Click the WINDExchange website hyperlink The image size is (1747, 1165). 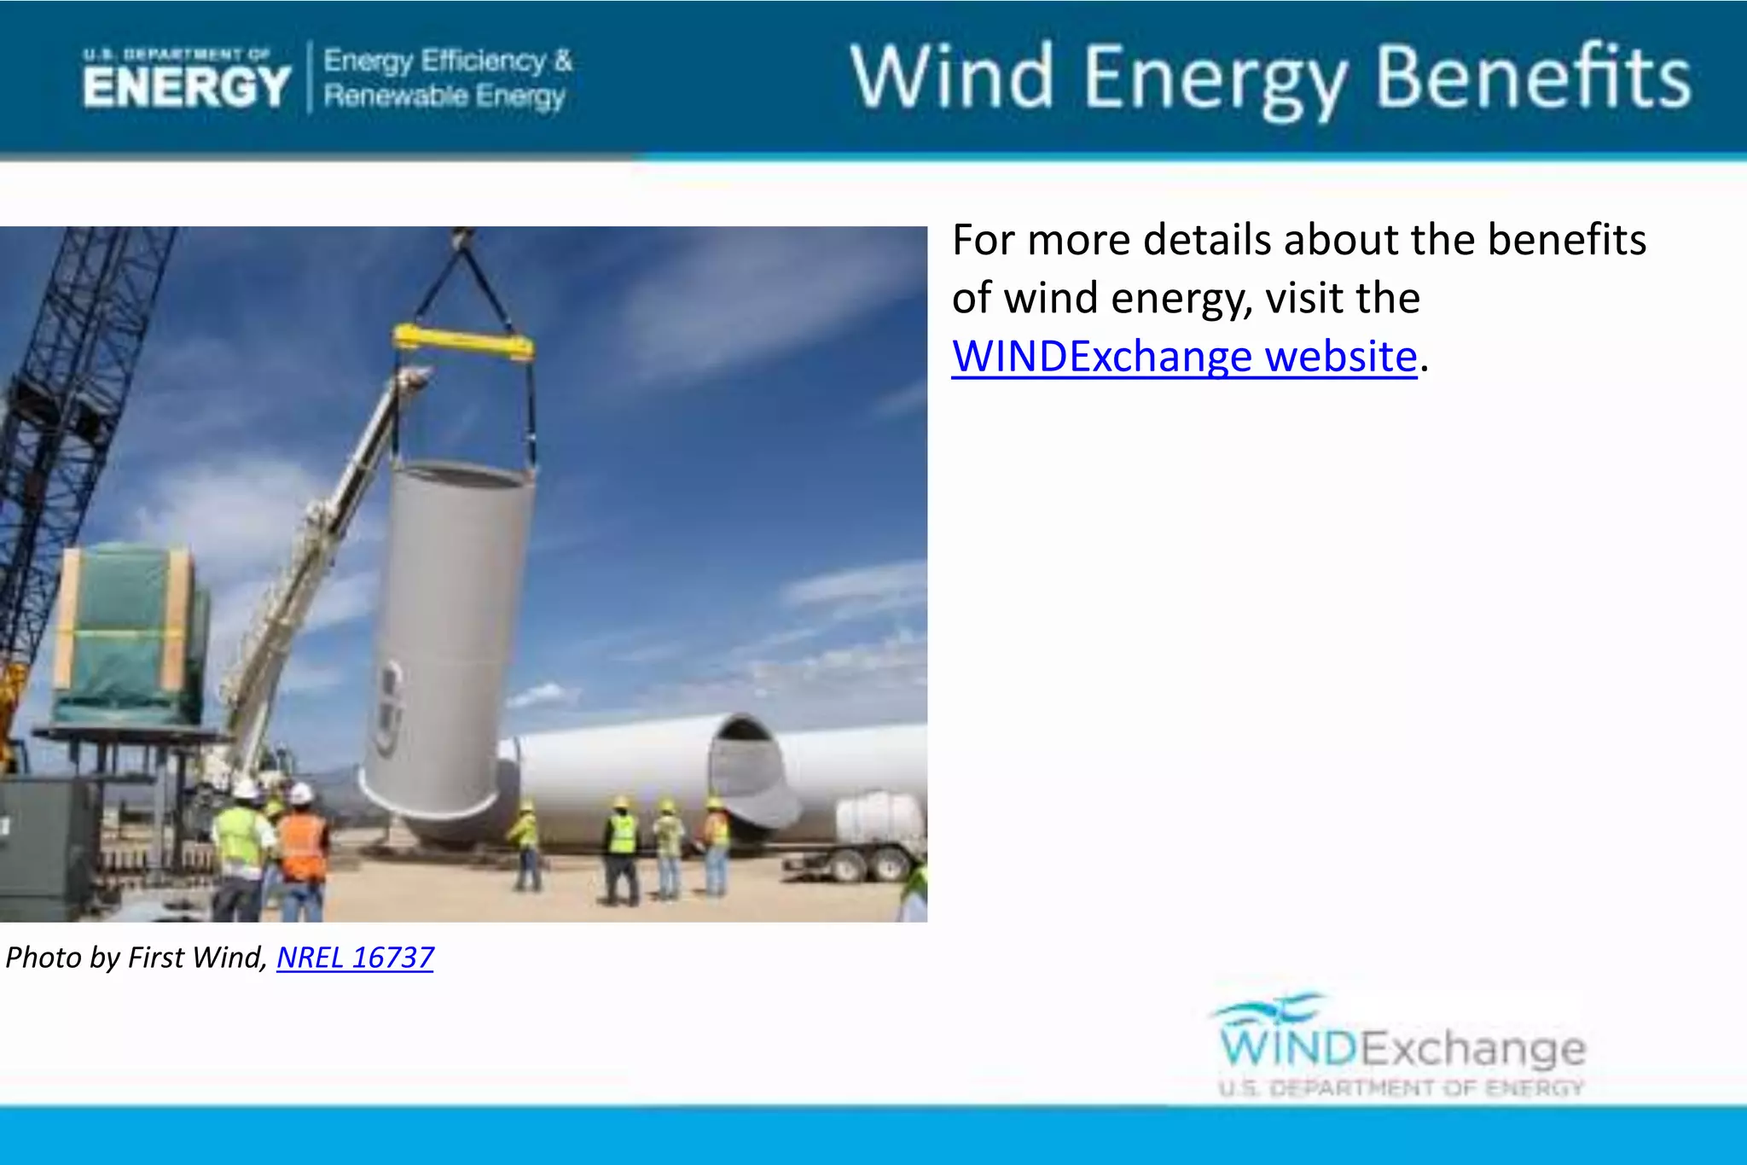pos(1184,357)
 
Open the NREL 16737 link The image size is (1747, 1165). pos(355,958)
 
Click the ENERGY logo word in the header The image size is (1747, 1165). pos(187,86)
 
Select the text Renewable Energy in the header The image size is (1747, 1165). pos(444,96)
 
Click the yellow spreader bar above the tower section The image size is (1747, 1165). pos(463,342)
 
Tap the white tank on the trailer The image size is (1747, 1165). pos(879,817)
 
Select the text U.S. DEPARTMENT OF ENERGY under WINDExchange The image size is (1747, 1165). pos(1401,1088)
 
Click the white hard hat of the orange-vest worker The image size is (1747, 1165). pos(299,794)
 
